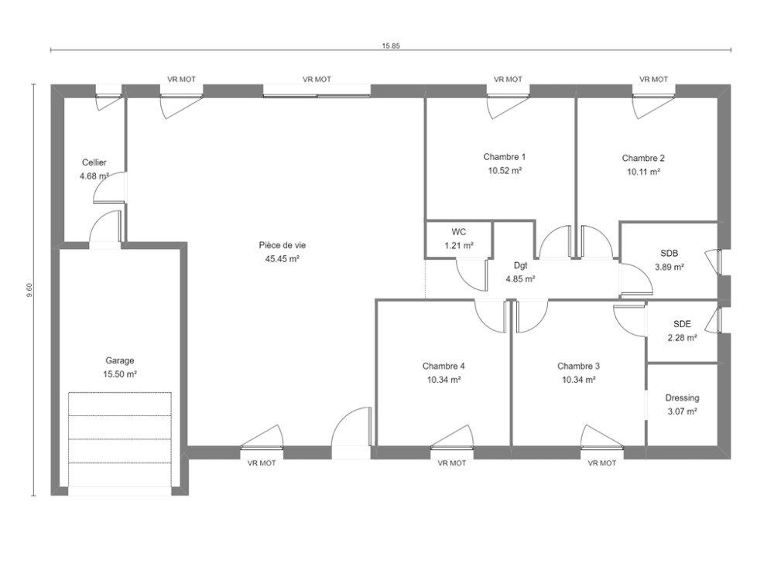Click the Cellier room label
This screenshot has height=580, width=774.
[x=94, y=162]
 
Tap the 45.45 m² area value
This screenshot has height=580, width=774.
[x=282, y=260]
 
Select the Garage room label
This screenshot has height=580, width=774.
[x=120, y=360]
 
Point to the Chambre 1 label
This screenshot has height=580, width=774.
[x=504, y=156]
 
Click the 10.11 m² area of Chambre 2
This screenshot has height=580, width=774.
[x=643, y=172]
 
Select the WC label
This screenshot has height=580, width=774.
[x=458, y=232]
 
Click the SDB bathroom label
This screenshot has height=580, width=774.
[x=669, y=253]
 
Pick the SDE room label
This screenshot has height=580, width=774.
[x=681, y=324]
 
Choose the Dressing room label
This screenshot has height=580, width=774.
[x=682, y=398]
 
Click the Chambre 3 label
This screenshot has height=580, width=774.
[x=578, y=366]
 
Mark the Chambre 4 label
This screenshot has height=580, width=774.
[x=444, y=366]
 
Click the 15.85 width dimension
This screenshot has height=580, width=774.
[x=391, y=46]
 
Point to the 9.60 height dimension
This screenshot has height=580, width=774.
[x=29, y=290]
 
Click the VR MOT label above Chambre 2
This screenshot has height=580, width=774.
[x=653, y=79]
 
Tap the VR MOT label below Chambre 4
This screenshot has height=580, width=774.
[x=451, y=463]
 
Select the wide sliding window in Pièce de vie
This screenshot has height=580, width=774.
[x=317, y=96]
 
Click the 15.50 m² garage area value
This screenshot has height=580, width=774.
[x=120, y=374]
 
